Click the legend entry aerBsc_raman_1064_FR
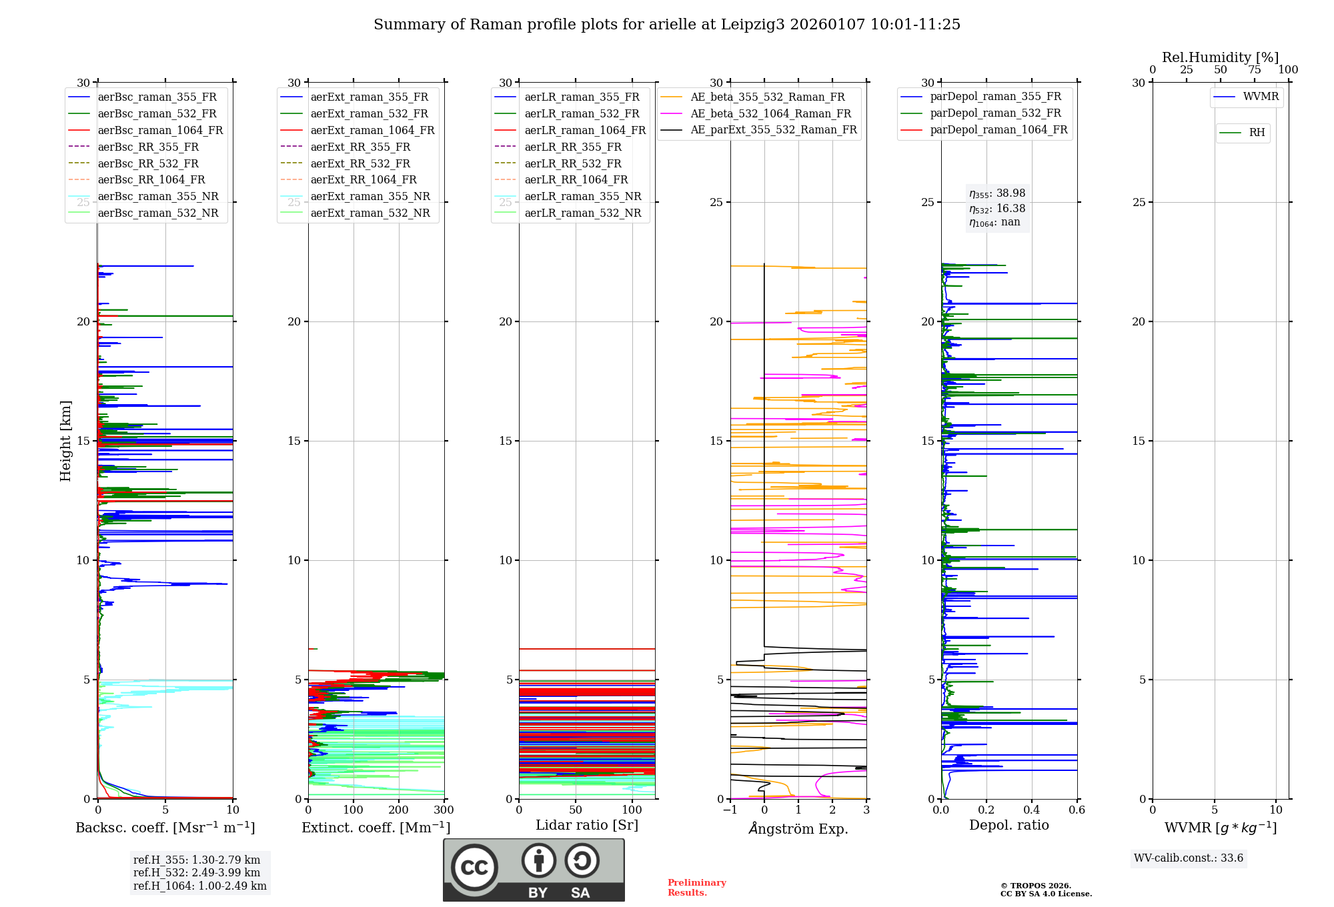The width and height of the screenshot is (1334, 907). (x=160, y=130)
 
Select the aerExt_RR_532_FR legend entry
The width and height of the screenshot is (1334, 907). (x=360, y=163)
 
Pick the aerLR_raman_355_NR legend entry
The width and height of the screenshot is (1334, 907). (x=582, y=196)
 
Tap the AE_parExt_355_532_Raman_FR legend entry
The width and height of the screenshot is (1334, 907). (x=773, y=129)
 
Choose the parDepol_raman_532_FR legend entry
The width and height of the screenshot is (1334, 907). (x=995, y=113)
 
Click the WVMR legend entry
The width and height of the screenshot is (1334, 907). (x=1261, y=97)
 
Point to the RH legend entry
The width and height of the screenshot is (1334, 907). (x=1257, y=133)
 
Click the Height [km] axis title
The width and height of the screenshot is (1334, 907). (x=65, y=441)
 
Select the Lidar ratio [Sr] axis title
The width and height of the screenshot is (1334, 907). (x=587, y=825)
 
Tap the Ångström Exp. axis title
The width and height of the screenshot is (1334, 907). (x=798, y=828)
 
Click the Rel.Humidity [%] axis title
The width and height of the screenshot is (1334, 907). (x=1220, y=57)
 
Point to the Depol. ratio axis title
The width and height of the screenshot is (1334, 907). (x=1009, y=825)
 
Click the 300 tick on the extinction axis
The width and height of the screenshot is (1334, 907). (x=444, y=810)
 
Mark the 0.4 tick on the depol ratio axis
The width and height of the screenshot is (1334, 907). (x=1031, y=810)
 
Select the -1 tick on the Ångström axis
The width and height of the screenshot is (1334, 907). (x=730, y=810)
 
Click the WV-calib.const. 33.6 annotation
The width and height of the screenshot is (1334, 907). (x=1189, y=858)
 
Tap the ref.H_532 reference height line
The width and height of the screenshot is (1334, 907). (x=196, y=872)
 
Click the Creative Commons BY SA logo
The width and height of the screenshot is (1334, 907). (x=534, y=870)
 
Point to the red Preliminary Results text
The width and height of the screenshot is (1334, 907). (x=696, y=887)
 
